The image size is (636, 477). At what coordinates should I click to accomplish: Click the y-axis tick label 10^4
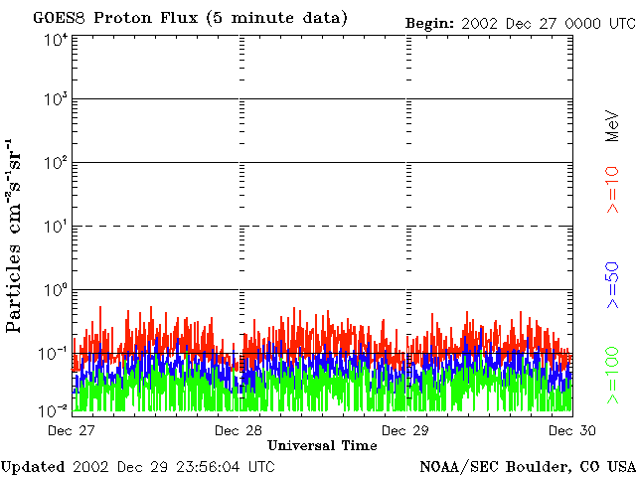coord(56,39)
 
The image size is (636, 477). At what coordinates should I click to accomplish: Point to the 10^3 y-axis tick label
coord(56,99)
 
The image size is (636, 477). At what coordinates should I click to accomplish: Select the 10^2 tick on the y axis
coord(56,162)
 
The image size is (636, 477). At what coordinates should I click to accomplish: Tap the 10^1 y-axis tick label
coord(56,226)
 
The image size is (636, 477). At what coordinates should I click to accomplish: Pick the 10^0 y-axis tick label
coord(56,289)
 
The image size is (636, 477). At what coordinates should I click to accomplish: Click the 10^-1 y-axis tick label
coord(54,352)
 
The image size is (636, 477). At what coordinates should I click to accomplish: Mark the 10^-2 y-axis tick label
coord(54,409)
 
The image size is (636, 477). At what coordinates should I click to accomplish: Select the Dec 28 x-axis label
coord(238,430)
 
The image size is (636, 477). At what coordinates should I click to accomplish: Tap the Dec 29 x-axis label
coord(404,430)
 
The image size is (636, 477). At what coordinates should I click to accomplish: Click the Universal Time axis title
coord(322,446)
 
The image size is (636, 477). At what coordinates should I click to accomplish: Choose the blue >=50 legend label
coord(613,286)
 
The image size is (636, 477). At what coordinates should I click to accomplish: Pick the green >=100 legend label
coord(613,376)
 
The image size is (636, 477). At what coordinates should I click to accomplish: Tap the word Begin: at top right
coord(430,22)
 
